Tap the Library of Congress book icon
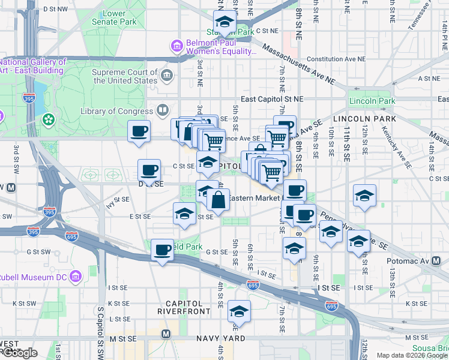(x=162, y=110)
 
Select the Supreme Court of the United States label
(x=125, y=76)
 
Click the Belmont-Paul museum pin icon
(x=176, y=46)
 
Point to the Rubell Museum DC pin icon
(x=76, y=277)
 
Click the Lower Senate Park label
(x=114, y=18)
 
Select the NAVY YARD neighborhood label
(x=221, y=339)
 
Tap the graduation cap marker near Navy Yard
(x=239, y=312)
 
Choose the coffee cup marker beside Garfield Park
(x=161, y=250)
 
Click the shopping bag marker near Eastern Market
(x=218, y=199)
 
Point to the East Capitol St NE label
(x=273, y=99)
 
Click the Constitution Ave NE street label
(x=336, y=59)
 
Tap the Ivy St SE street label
(x=118, y=199)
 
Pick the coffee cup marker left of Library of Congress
(x=139, y=131)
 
